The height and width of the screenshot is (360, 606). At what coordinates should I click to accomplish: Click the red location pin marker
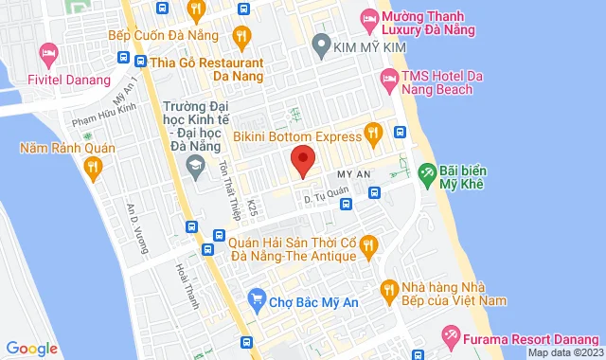point(302,160)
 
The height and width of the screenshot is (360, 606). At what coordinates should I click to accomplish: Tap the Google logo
point(30,349)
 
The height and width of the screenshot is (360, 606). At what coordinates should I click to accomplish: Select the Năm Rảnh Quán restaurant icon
point(92,169)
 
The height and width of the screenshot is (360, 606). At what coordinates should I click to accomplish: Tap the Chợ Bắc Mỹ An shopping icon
point(256,299)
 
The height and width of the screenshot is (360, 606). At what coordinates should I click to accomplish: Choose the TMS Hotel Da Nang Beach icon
point(387,75)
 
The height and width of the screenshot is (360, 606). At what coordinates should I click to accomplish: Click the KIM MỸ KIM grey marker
point(320,44)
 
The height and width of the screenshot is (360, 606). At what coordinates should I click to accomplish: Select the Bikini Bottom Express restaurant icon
point(374,133)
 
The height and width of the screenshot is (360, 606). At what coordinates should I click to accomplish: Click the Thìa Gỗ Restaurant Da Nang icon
point(137,63)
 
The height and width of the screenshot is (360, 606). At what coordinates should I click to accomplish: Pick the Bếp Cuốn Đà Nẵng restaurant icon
point(241,35)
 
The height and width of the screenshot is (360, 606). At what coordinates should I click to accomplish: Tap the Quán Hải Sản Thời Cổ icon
point(370,245)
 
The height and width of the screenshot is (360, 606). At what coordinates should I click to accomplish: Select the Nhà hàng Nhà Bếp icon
point(387,288)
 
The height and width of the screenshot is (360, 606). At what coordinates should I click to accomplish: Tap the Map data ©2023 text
point(564,352)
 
